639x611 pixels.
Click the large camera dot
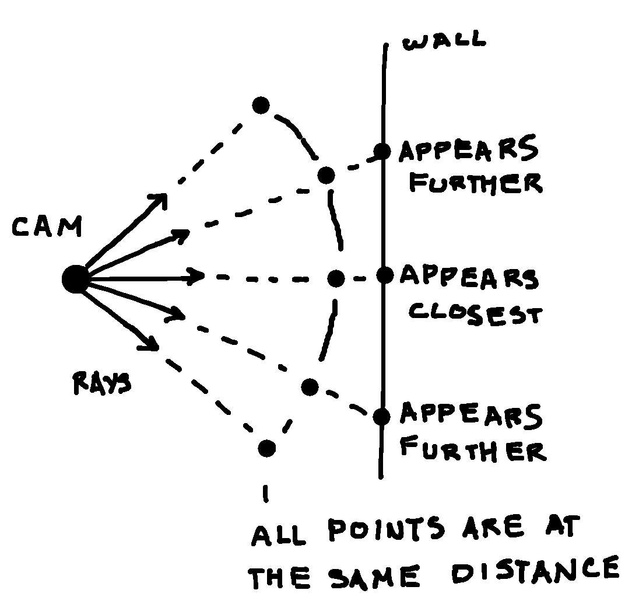[74, 280]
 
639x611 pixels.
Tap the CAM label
[47, 228]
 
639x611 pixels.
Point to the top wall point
[382, 152]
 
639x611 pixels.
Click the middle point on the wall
[384, 274]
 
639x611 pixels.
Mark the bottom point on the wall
[381, 416]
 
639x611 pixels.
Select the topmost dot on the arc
[261, 106]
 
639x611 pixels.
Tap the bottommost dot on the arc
[266, 448]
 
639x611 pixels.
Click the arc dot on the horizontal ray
[336, 278]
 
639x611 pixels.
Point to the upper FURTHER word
[475, 183]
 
